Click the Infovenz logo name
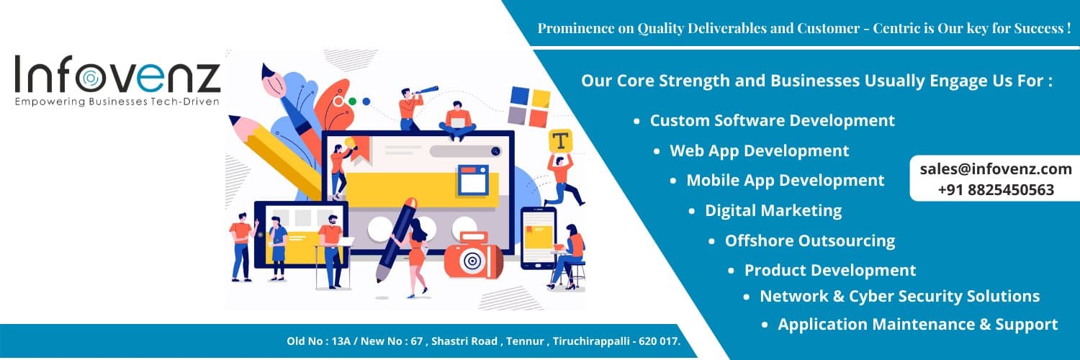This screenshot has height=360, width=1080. [117, 75]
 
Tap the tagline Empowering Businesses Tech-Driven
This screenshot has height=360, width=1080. [117, 102]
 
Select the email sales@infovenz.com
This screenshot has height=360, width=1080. [996, 169]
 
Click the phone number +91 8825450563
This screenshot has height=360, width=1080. [996, 190]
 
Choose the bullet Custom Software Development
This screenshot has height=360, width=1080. [772, 121]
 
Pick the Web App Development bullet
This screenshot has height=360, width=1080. [759, 151]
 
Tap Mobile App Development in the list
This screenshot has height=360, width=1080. [785, 181]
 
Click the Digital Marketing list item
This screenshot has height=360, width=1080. [773, 211]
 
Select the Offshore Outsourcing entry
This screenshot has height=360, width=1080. [809, 241]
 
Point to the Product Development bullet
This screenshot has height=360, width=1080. [829, 271]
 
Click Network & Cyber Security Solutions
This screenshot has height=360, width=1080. [899, 297]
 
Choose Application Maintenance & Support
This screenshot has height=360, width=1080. [917, 325]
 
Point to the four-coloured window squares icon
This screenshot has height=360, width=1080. [529, 106]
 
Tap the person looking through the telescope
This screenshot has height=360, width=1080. [412, 107]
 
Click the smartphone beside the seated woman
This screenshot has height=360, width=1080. [537, 238]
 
